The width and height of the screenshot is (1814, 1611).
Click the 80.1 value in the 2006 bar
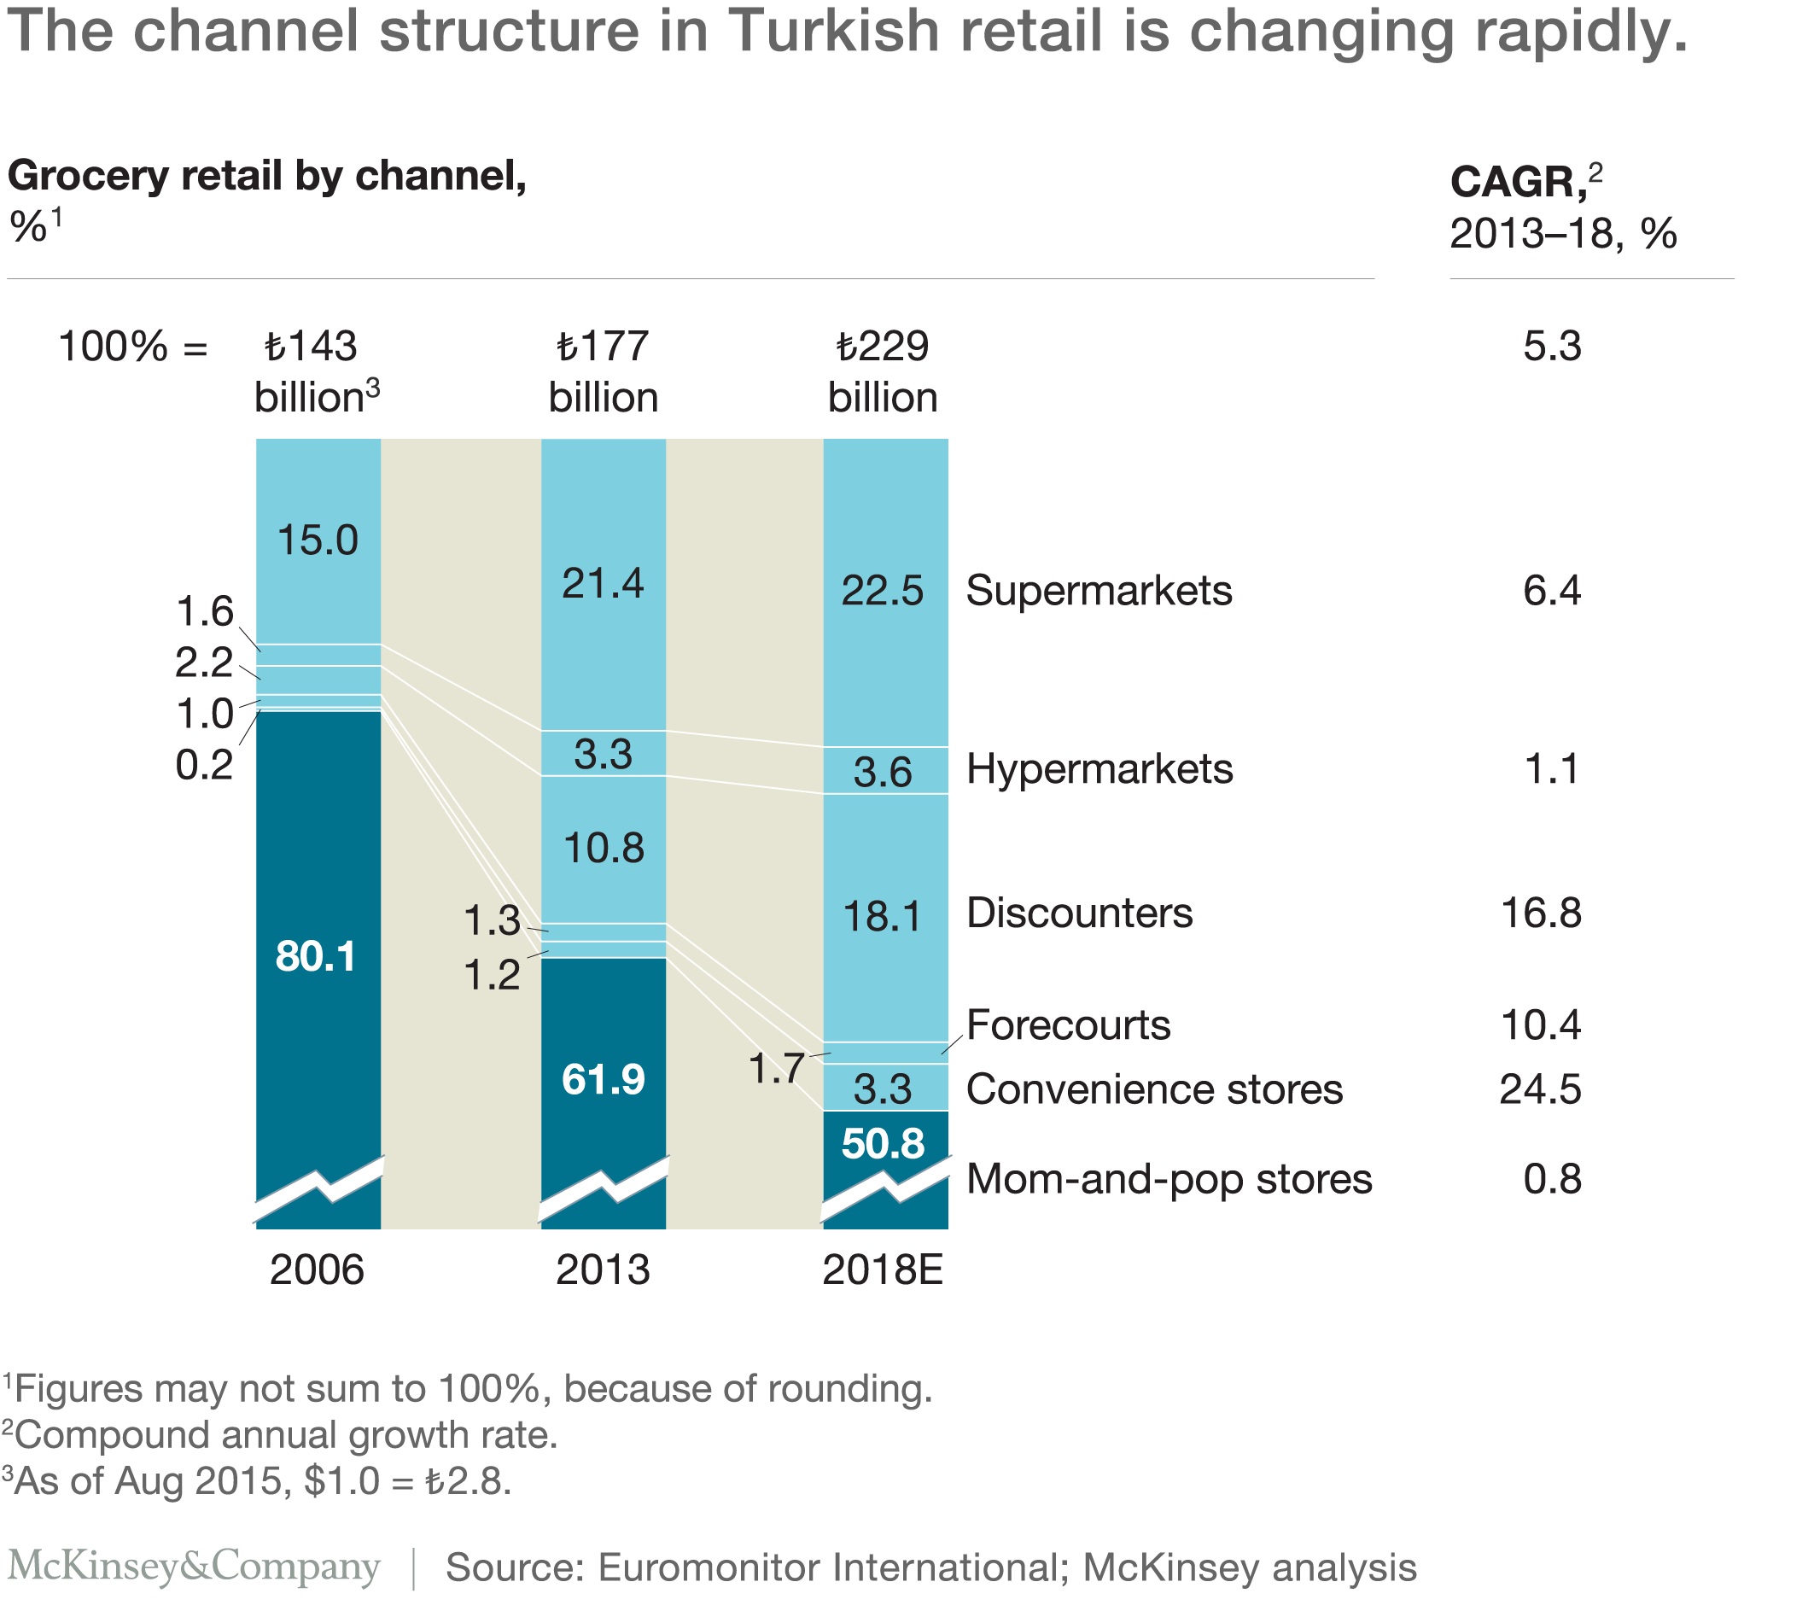click(x=315, y=957)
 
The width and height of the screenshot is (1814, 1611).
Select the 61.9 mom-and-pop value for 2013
click(x=603, y=1080)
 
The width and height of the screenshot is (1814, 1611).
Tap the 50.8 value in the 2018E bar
click(x=882, y=1143)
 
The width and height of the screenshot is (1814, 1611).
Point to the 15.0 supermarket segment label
click(x=317, y=540)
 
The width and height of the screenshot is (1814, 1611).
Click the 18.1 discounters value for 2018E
click(x=882, y=916)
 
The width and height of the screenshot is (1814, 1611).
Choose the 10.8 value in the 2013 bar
click(x=604, y=849)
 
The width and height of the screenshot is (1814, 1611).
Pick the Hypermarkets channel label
click(x=1099, y=768)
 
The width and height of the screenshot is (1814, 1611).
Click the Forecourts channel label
click(x=1068, y=1025)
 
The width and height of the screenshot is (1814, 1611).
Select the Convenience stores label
click(x=1154, y=1089)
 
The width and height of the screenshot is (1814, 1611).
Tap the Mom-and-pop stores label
click(x=1169, y=1179)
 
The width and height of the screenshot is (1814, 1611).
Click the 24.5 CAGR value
click(x=1540, y=1089)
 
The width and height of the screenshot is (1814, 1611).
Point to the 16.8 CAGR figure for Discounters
click(x=1540, y=913)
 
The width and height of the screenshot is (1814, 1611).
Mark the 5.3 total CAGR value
click(x=1551, y=346)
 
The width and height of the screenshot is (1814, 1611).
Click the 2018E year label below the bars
click(x=882, y=1271)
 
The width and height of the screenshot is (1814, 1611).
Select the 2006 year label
click(x=317, y=1271)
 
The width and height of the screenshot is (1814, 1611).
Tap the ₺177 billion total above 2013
click(x=603, y=372)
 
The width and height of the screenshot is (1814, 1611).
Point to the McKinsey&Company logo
click(x=194, y=1566)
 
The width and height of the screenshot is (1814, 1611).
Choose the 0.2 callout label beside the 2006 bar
click(x=204, y=765)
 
